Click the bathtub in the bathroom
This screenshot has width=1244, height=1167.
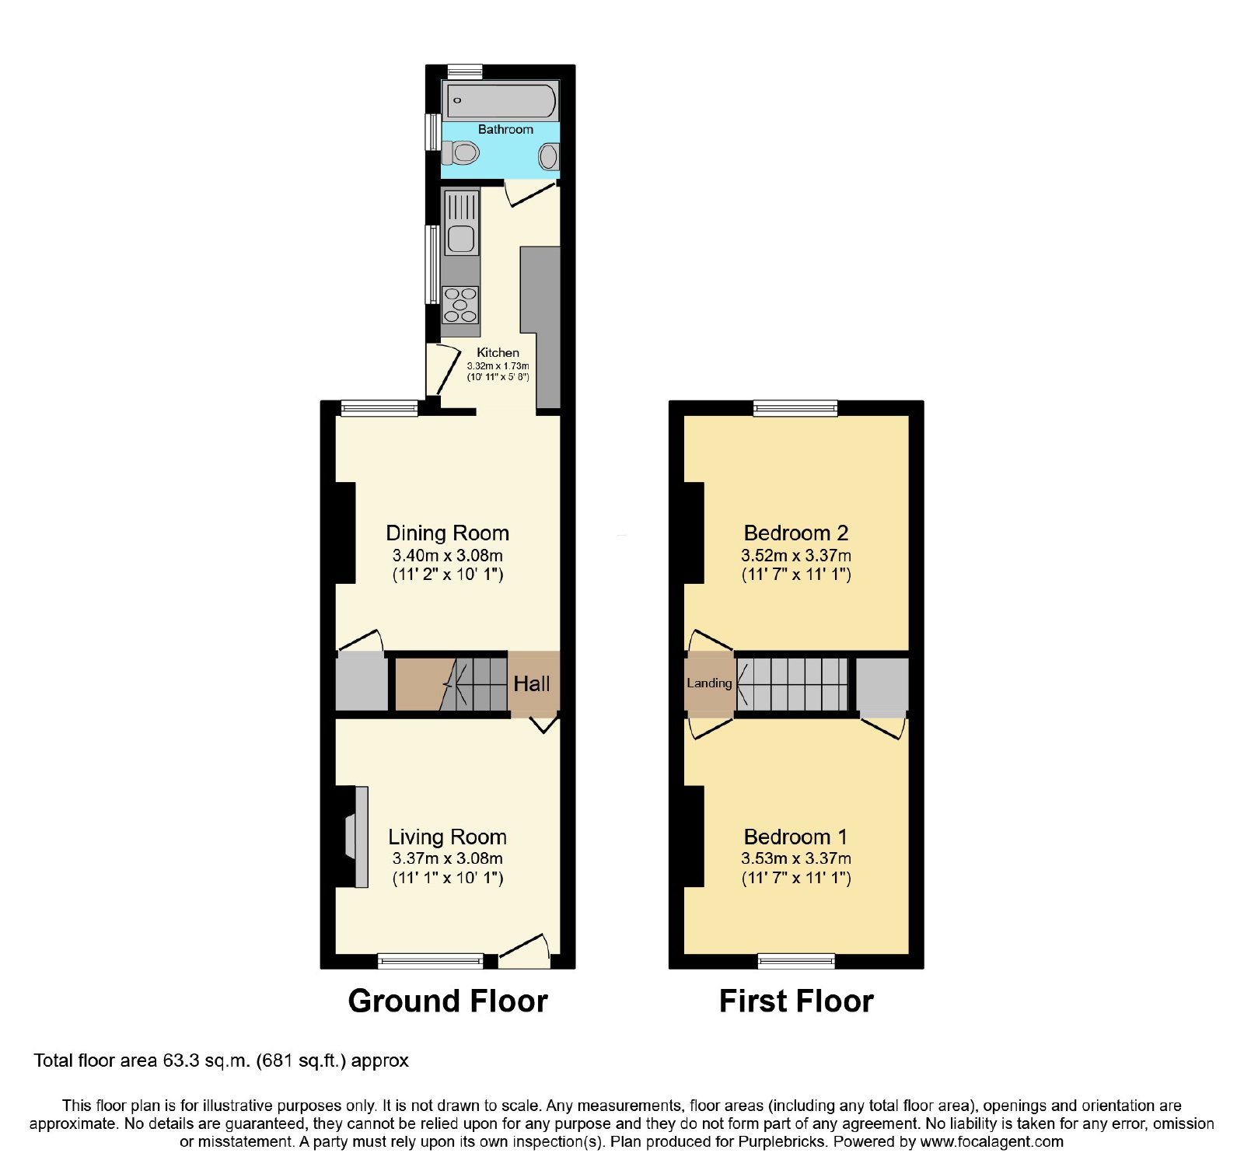501,100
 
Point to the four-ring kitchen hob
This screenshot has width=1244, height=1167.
460,305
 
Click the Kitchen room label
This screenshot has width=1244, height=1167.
498,352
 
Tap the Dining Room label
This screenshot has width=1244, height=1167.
448,533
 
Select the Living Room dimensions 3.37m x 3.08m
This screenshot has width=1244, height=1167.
448,858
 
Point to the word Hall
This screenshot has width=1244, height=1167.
532,684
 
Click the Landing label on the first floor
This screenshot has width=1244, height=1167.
709,683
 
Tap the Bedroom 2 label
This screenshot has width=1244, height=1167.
796,533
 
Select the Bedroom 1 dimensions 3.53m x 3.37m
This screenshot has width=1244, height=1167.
796,858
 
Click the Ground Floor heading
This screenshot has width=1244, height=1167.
448,1001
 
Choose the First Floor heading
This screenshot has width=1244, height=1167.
796,1001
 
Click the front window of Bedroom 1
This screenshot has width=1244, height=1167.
796,961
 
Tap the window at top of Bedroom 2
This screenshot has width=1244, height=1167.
795,408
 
